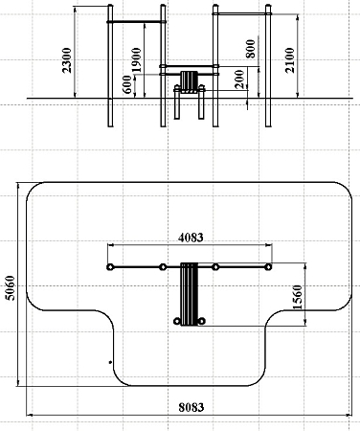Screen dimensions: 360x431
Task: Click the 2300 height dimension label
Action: coord(67,60)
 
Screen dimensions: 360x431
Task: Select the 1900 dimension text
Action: coord(136,60)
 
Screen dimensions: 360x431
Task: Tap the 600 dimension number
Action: coord(127,84)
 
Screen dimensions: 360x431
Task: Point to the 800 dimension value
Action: coord(251,49)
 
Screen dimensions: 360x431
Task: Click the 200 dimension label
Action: coord(239,79)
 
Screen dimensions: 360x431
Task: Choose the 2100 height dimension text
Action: coord(290,60)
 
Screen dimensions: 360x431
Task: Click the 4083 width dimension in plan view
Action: coord(191,238)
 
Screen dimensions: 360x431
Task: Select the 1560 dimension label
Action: coord(297,297)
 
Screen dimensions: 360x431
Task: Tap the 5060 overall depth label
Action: coord(11,287)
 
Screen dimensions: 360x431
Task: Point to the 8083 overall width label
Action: coord(191,407)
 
